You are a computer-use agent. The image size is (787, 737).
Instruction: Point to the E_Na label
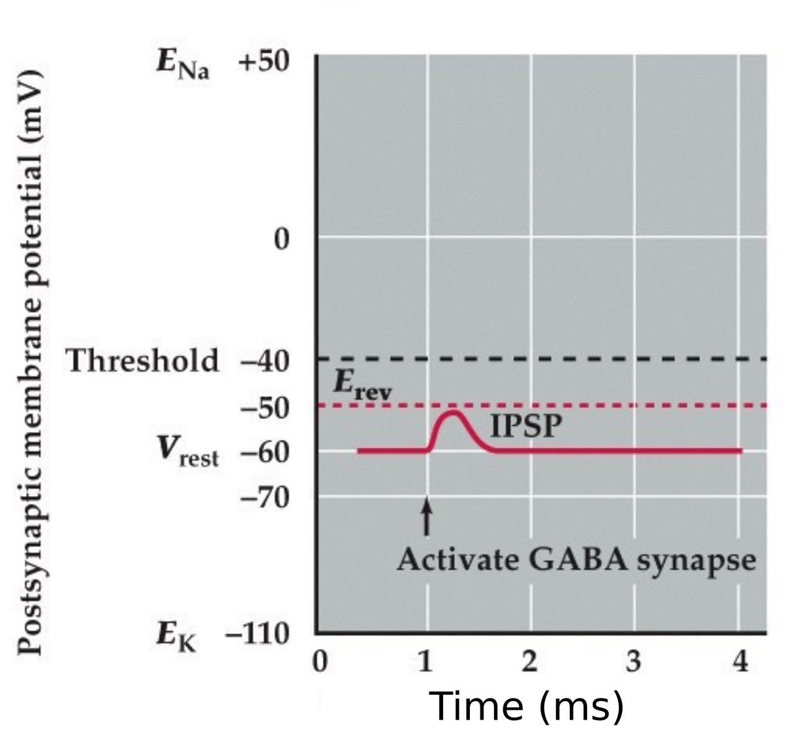click(182, 65)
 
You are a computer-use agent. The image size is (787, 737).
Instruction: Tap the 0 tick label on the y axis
click(281, 238)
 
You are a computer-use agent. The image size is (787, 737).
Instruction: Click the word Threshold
click(143, 361)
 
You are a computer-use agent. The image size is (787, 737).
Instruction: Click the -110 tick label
click(258, 634)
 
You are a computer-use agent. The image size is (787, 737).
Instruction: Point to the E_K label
click(176, 637)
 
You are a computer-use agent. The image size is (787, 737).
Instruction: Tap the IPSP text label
click(526, 427)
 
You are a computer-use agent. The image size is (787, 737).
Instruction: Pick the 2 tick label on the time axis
click(529, 662)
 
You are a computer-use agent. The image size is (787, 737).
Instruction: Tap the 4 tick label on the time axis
click(740, 662)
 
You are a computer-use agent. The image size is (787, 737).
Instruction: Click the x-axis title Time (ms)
click(526, 707)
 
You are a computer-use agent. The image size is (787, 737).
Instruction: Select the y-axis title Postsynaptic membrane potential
click(30, 363)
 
